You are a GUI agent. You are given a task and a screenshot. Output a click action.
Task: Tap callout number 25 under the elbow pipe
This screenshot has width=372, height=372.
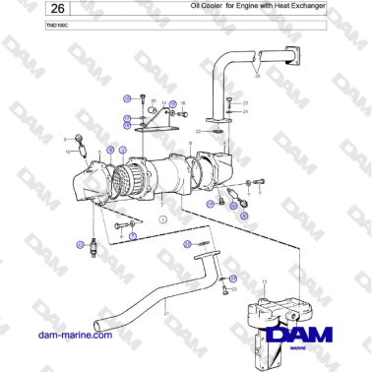coord(257,76)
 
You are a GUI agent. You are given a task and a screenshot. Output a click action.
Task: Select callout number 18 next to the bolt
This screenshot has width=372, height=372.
coord(183,102)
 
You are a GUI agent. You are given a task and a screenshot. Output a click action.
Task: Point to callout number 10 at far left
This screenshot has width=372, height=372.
coord(68,152)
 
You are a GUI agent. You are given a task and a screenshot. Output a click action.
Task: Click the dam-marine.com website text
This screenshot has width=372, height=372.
coord(69,336)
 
